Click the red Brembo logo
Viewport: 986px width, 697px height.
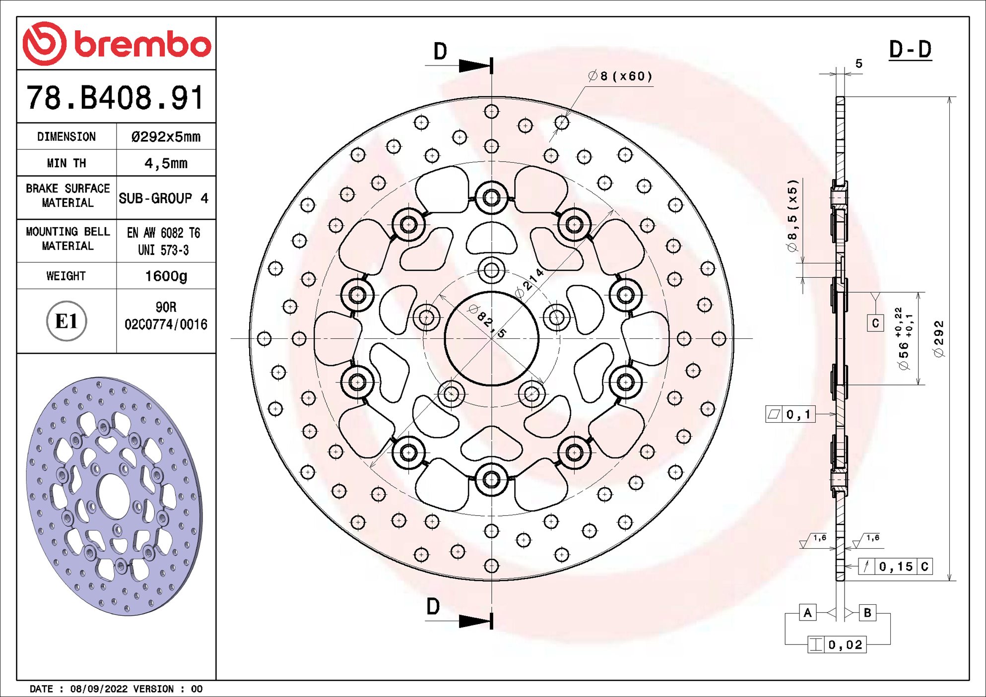[117, 44]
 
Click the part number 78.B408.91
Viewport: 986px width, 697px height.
[115, 97]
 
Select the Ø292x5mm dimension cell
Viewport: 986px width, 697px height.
[166, 137]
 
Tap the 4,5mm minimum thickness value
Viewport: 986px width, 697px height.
[166, 163]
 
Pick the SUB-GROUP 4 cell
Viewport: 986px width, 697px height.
[163, 198]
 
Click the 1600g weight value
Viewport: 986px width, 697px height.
[166, 276]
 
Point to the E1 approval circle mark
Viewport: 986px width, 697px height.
[66, 321]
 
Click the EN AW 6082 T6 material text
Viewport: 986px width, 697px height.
[163, 233]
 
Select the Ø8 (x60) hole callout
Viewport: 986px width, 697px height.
[620, 76]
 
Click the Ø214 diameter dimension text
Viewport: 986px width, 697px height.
[530, 283]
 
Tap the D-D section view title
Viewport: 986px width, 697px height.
[910, 50]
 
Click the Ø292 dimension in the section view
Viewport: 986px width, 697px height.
[938, 339]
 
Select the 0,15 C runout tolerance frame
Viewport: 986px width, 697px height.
[895, 567]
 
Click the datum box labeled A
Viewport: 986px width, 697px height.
[807, 613]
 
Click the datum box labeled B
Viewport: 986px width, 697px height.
[867, 613]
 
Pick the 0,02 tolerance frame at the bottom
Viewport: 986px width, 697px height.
[837, 645]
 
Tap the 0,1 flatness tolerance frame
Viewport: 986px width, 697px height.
[790, 414]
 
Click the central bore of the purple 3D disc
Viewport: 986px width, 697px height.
[114, 497]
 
